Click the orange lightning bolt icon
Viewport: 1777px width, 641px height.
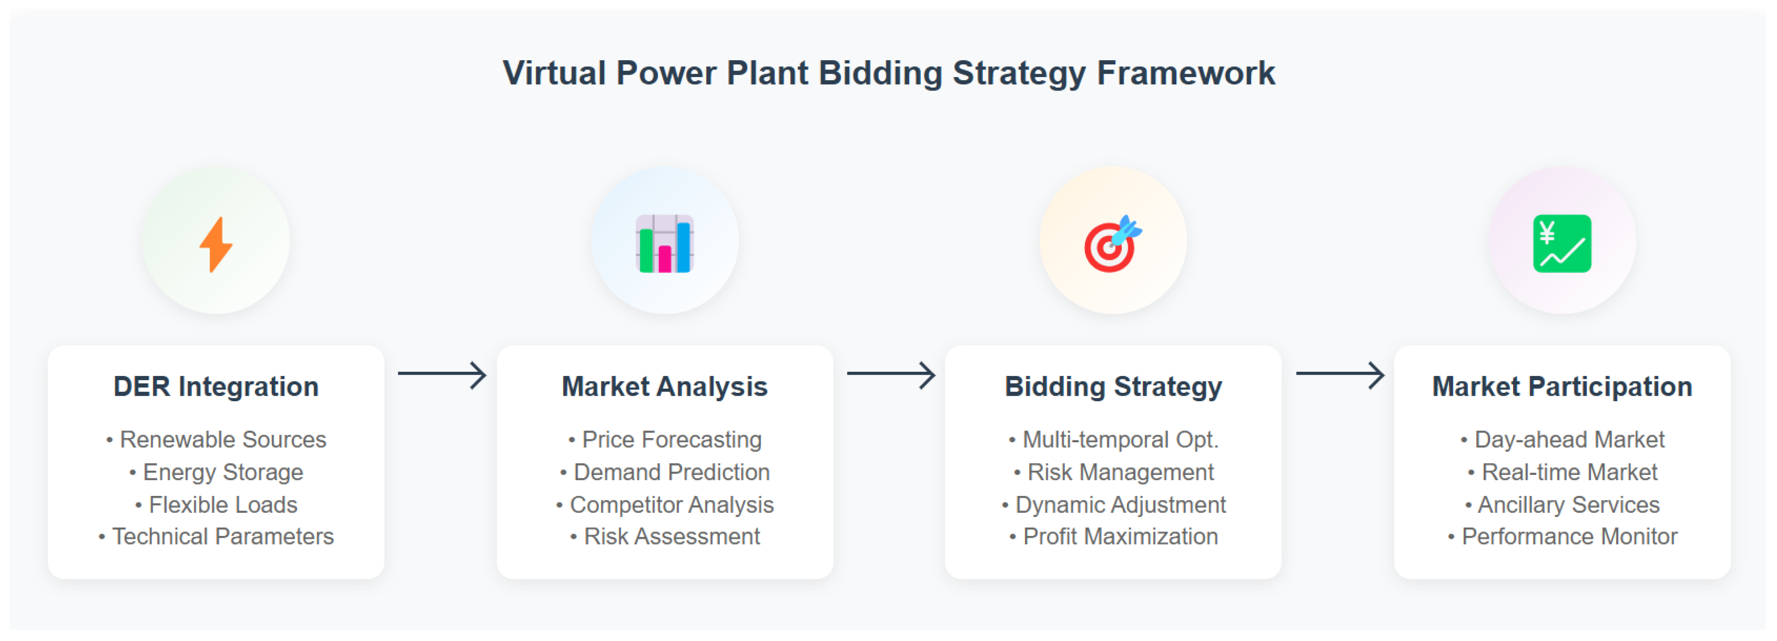216,244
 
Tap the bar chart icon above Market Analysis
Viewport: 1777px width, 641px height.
665,244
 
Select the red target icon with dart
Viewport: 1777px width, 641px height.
1113,244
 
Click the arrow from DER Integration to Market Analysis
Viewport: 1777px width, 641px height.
442,375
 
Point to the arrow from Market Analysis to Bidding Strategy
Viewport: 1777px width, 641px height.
891,375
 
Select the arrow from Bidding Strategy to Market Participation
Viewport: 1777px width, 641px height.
1341,375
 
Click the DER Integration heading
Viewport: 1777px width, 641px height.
216,386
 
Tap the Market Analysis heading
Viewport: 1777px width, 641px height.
665,386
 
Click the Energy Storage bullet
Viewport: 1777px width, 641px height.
216,473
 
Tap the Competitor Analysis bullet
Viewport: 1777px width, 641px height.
665,505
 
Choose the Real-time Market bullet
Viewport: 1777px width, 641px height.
1563,473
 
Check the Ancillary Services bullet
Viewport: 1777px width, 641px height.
1563,505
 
